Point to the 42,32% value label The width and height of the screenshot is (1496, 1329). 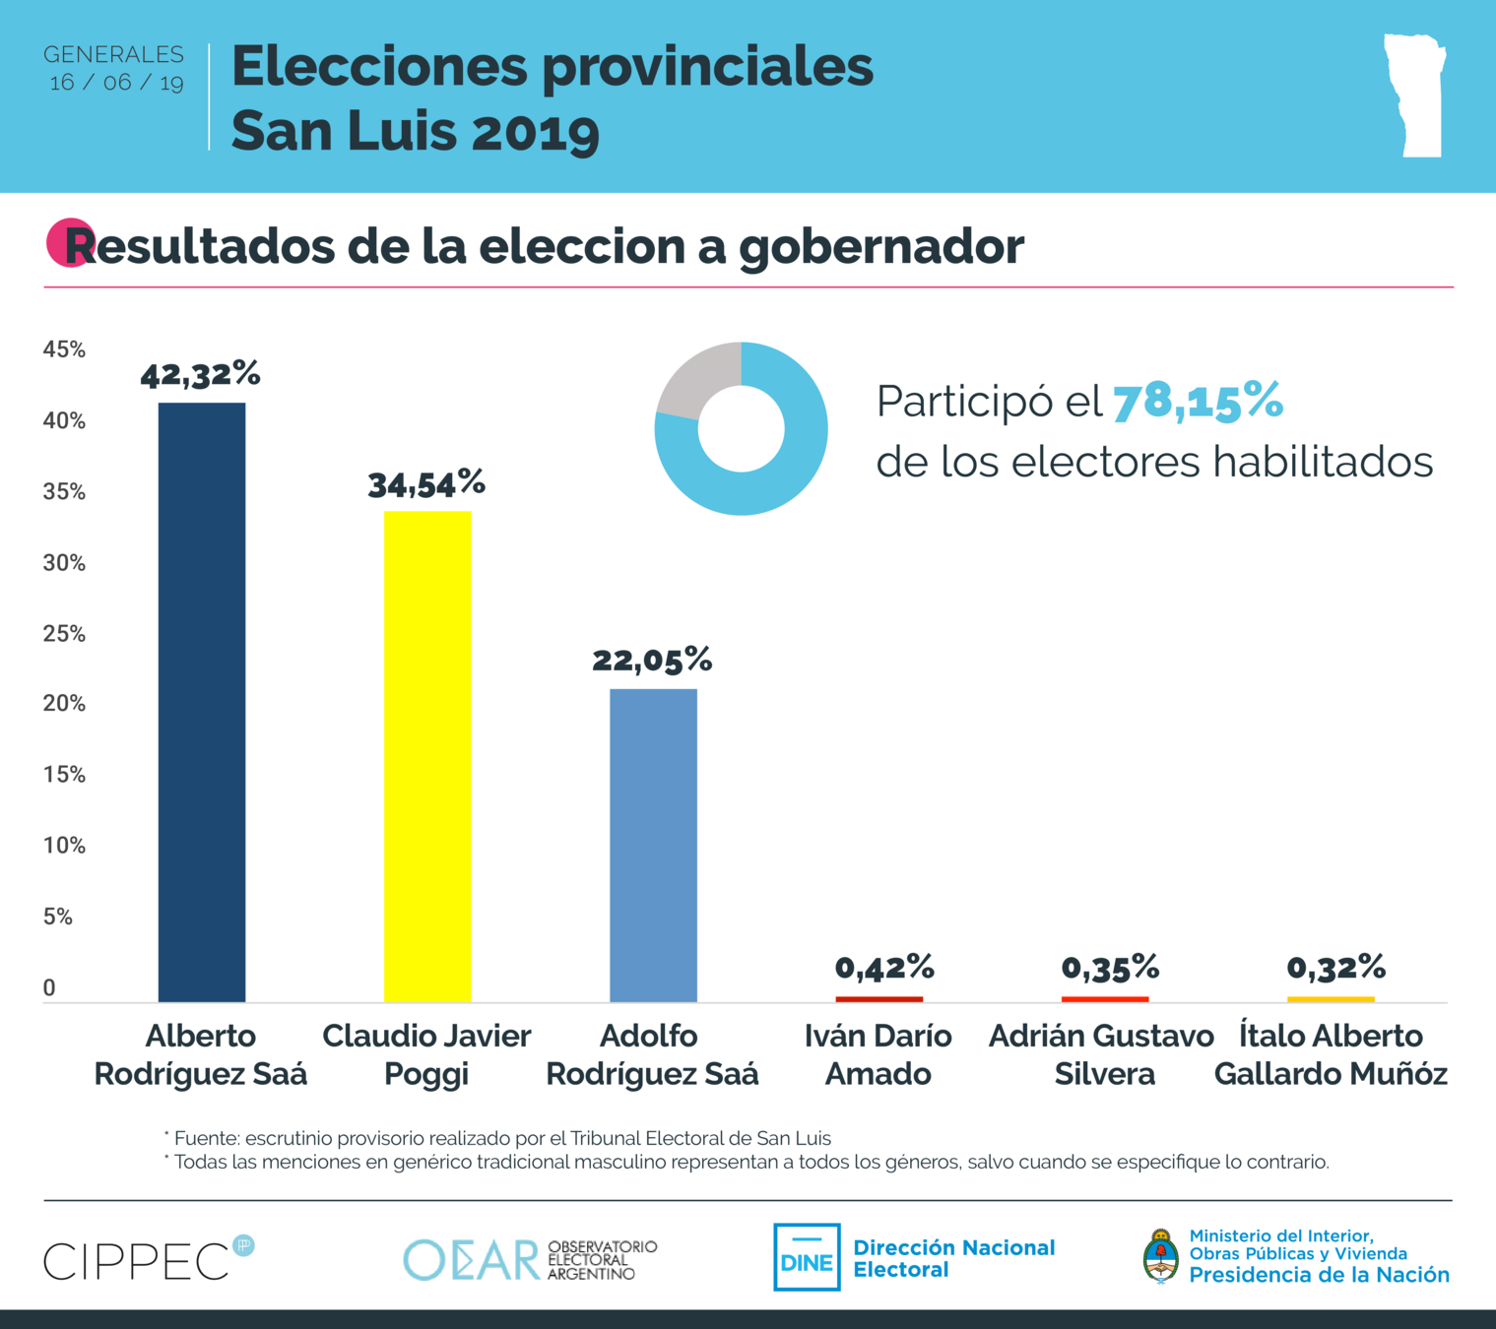coord(200,374)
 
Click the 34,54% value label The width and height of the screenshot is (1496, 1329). coord(426,483)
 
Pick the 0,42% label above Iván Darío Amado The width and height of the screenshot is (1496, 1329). coord(883,968)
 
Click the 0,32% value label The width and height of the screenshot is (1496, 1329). coord(1335,968)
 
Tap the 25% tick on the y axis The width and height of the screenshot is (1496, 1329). coord(64,634)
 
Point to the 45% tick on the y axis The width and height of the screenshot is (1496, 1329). coord(64,349)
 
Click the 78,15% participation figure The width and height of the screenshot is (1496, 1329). coord(1198,402)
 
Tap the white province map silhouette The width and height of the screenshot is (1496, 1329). coord(1415,95)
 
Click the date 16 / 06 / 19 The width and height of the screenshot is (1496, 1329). coord(116,83)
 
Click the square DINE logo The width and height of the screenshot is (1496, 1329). coord(807,1257)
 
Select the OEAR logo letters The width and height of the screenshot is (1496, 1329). coord(471,1260)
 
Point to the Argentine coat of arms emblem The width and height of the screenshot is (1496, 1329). coord(1161,1257)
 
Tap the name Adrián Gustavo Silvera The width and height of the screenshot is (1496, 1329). coord(1103,1054)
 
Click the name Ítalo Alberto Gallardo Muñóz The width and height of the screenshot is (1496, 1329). coord(1331,1054)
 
